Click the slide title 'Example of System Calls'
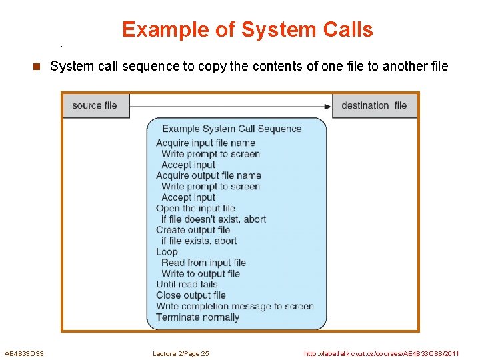tap(247, 30)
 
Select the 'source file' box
tap(95, 105)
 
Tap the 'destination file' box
tap(374, 105)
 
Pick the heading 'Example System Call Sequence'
tap(231, 129)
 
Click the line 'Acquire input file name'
tap(205, 143)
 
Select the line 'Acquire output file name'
tap(208, 175)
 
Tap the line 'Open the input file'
tap(195, 208)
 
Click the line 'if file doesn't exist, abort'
tap(213, 219)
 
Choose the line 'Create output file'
tap(193, 230)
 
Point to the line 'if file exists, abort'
tap(199, 241)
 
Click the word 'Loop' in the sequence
tap(167, 251)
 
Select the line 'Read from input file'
tap(203, 263)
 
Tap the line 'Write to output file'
tap(200, 273)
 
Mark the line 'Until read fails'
tap(187, 284)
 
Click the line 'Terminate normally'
tap(197, 317)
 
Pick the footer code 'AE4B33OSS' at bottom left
tap(24, 353)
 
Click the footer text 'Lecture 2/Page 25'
tap(181, 353)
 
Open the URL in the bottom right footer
tap(381, 353)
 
